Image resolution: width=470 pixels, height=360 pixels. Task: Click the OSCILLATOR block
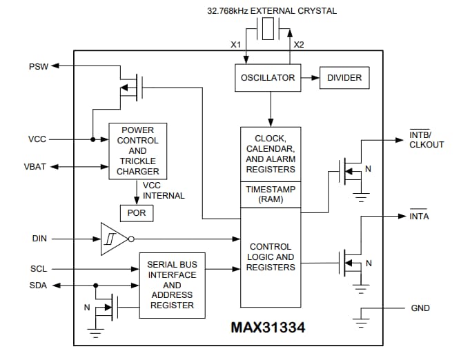tap(267, 78)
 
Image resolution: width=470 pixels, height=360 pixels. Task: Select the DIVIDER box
tap(344, 78)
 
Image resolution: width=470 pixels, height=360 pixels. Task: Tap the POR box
tap(137, 213)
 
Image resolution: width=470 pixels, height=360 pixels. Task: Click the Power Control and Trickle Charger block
tap(138, 151)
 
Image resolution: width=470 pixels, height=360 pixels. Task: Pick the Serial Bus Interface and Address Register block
tap(172, 285)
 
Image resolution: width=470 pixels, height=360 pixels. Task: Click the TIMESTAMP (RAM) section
tap(271, 194)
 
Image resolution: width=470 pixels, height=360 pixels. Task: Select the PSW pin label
tap(38, 66)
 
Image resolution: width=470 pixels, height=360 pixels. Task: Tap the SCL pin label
tap(39, 268)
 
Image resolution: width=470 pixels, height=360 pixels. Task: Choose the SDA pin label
tap(39, 286)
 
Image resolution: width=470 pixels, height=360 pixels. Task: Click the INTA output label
tap(419, 216)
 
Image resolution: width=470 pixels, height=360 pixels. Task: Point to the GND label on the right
tap(420, 308)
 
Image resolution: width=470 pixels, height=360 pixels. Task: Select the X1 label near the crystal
tap(236, 44)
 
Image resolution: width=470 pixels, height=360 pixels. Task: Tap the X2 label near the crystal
tap(298, 44)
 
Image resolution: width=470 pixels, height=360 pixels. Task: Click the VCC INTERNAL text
tap(164, 190)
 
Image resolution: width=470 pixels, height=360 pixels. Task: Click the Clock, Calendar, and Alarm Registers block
tap(271, 154)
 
